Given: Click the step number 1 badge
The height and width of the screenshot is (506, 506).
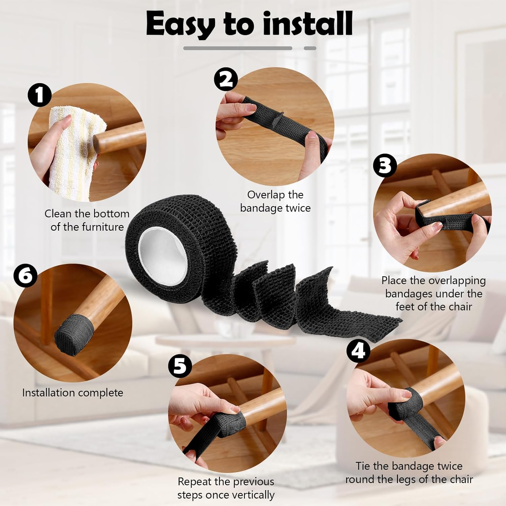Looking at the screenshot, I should click(40, 95).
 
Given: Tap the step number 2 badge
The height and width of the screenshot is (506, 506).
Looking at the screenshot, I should click(226, 79).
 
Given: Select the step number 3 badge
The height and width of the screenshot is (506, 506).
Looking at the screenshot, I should click(385, 165).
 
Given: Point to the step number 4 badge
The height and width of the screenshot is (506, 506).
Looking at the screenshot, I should click(358, 351).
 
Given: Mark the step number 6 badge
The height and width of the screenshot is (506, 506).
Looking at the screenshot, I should click(25, 275).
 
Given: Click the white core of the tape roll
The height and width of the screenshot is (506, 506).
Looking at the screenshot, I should click(164, 251).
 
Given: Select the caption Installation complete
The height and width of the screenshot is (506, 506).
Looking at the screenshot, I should click(73, 393).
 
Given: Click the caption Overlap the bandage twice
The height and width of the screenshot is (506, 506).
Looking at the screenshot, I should click(275, 201).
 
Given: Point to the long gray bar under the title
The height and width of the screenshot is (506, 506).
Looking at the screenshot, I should click(237, 48).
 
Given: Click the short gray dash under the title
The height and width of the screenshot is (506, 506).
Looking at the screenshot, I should click(310, 48).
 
